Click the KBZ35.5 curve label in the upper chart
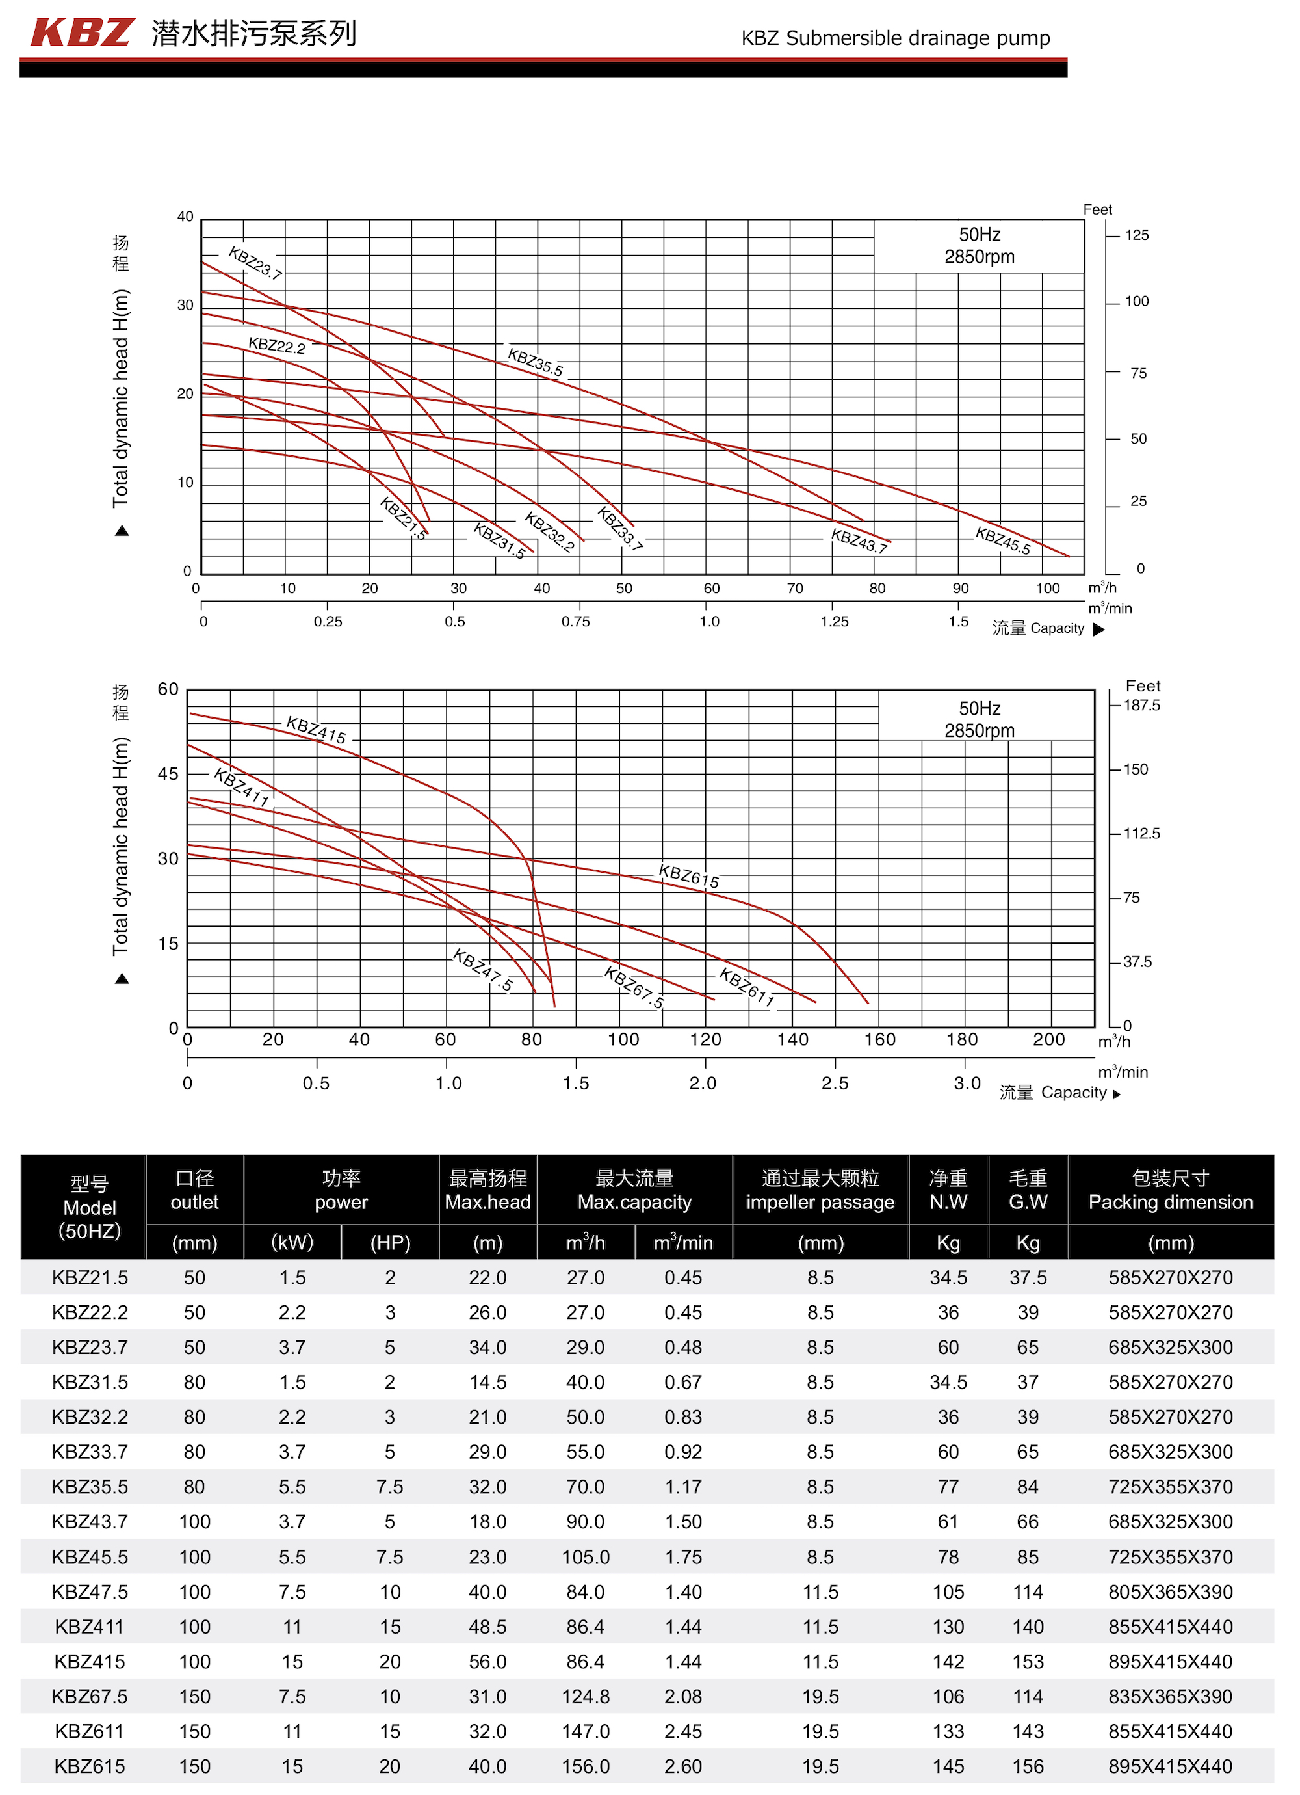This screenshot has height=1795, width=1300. pyautogui.click(x=535, y=362)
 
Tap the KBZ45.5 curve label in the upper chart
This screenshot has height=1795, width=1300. pyautogui.click(x=1002, y=540)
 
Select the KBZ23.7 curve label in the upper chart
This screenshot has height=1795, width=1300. pyautogui.click(x=255, y=263)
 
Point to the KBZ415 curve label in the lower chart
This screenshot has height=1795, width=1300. pyautogui.click(x=316, y=730)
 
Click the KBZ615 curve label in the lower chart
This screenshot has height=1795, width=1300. pyautogui.click(x=688, y=876)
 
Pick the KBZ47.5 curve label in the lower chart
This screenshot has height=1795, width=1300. pyautogui.click(x=483, y=970)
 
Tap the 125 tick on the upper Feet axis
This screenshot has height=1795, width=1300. pyautogui.click(x=1136, y=235)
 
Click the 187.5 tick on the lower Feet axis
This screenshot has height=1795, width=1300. pyautogui.click(x=1141, y=705)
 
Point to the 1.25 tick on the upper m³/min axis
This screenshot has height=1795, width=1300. pyautogui.click(x=834, y=621)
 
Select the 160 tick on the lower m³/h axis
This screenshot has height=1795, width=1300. pyautogui.click(x=879, y=1039)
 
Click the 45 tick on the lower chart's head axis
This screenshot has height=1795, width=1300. pyautogui.click(x=168, y=773)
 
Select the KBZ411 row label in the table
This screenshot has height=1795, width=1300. pyautogui.click(x=90, y=1627)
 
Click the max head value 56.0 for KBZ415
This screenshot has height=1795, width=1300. pyautogui.click(x=487, y=1661)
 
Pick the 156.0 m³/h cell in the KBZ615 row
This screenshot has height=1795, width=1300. pyautogui.click(x=586, y=1766)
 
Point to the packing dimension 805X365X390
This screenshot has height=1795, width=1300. pyautogui.click(x=1170, y=1591)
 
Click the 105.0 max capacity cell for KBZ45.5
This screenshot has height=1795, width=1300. pyautogui.click(x=586, y=1557)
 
